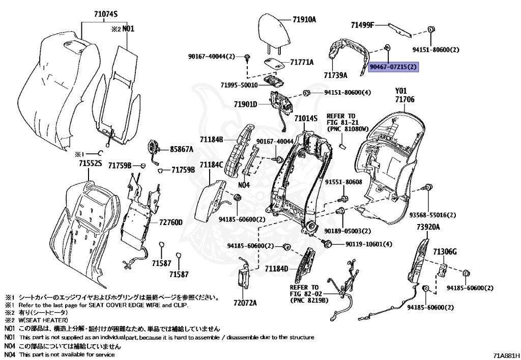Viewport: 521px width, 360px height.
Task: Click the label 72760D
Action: tap(170, 223)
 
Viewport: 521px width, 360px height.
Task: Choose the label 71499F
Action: tap(362, 24)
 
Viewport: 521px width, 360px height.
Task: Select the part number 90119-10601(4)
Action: tap(369, 244)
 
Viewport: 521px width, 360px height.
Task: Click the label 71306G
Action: tap(445, 252)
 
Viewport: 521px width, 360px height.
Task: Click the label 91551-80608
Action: tap(344, 182)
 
